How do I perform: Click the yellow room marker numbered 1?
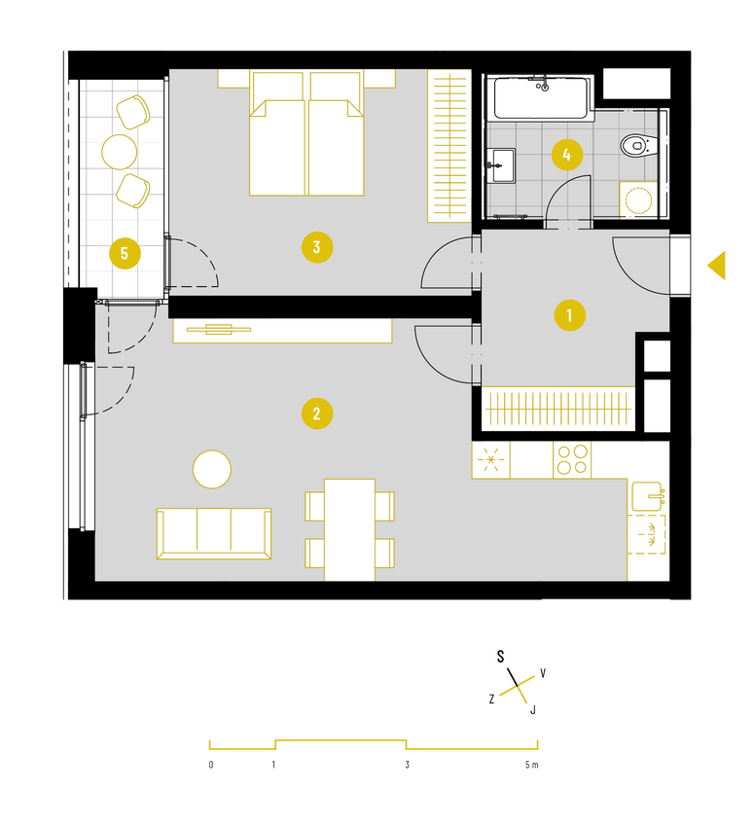coord(569,315)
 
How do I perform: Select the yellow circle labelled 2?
coord(317,413)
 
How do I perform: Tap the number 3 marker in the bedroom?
coord(317,247)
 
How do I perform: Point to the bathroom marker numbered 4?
coord(567,155)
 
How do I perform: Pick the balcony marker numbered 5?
coord(125,253)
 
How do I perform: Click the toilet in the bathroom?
coord(638,145)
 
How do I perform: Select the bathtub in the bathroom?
coord(541,98)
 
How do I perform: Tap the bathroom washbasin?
coord(501,165)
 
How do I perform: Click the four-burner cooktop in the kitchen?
coord(572,459)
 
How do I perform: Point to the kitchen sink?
coord(646,496)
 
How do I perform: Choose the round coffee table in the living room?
coord(212,469)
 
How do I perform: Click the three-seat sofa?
coord(214,533)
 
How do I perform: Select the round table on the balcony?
coord(120,152)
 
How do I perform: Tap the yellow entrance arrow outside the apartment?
coord(717,265)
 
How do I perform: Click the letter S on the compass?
coord(500,657)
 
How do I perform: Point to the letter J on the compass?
coord(533,710)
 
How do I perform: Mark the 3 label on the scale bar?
coord(407,765)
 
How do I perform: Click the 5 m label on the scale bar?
coord(531,765)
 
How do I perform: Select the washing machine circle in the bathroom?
coord(638,200)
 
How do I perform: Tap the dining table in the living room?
coord(349,530)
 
